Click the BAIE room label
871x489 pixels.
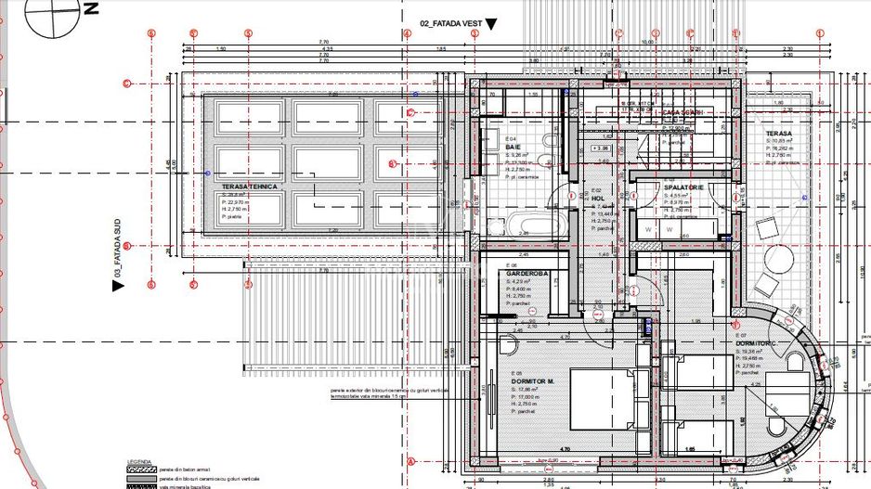pyautogui.click(x=513, y=147)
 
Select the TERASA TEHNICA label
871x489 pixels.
pyautogui.click(x=249, y=187)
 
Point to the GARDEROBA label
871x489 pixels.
pyautogui.click(x=527, y=274)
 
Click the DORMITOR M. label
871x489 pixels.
pyautogui.click(x=533, y=380)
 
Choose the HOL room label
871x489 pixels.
pyautogui.click(x=598, y=199)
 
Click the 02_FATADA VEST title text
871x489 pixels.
pyautogui.click(x=450, y=23)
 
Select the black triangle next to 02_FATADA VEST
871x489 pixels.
pyautogui.click(x=491, y=24)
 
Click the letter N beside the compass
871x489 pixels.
pyautogui.click(x=90, y=10)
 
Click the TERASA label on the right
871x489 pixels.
pyautogui.click(x=778, y=134)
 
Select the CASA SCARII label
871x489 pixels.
pyautogui.click(x=682, y=112)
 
